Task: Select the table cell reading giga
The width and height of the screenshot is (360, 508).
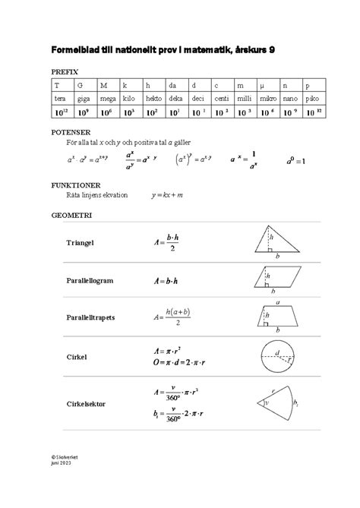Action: pos(84,99)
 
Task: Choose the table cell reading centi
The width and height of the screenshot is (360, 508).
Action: pos(222,99)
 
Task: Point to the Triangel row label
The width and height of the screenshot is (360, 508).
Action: pos(85,243)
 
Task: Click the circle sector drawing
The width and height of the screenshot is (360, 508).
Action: pos(276,403)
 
